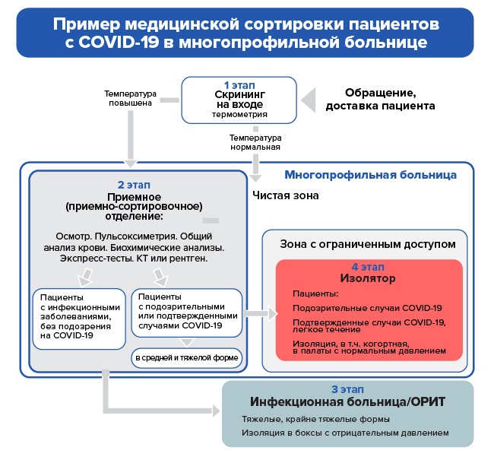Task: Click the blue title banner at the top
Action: (x=246, y=32)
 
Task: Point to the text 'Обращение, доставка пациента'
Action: (x=380, y=99)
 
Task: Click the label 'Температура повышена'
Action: (x=130, y=99)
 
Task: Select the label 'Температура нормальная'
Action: (x=255, y=142)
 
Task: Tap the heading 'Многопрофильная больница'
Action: (x=370, y=175)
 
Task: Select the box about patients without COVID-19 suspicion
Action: (x=78, y=315)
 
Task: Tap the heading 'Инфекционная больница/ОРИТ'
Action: (x=349, y=401)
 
